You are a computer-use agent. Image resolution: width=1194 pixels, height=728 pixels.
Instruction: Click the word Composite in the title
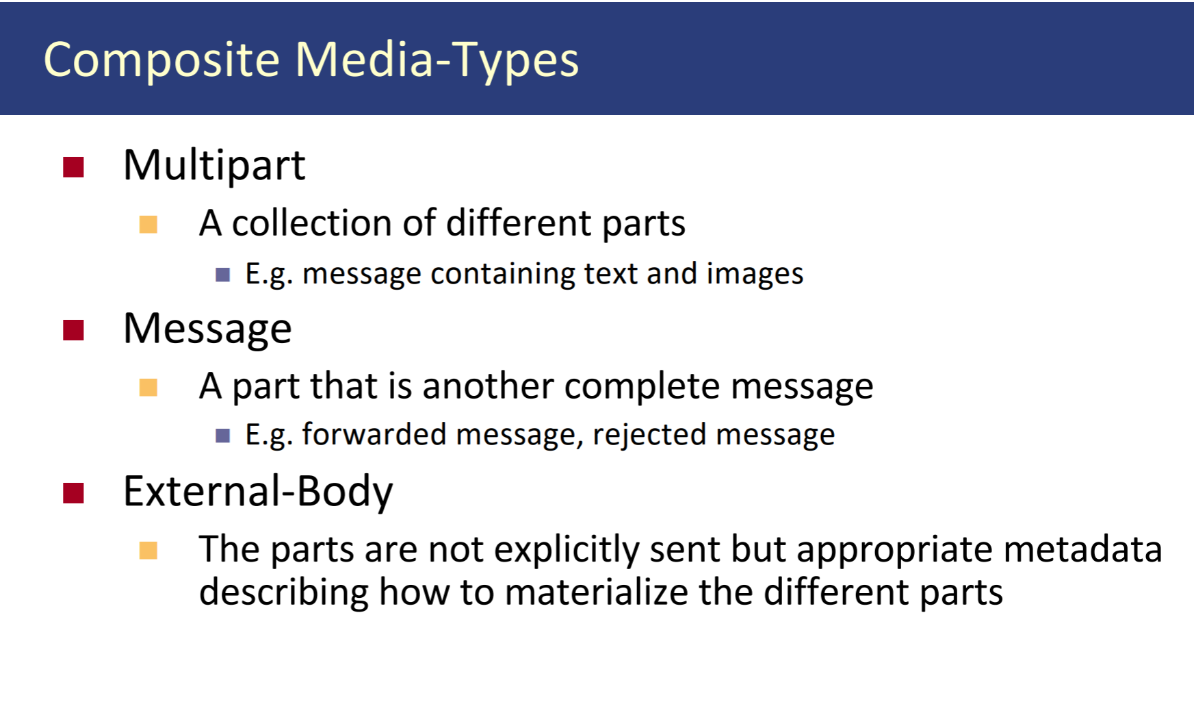pos(161,60)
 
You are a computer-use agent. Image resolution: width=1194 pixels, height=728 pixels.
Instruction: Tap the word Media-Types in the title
pos(437,60)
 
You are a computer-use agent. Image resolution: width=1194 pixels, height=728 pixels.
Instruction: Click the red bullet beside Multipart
pos(73,167)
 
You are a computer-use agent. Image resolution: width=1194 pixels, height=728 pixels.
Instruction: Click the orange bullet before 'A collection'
pos(148,225)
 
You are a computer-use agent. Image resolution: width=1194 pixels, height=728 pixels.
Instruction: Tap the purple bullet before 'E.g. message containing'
pos(222,275)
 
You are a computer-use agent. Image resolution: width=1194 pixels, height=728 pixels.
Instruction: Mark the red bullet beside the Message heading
pos(73,330)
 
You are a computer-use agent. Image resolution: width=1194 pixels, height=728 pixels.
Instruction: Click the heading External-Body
pos(258,492)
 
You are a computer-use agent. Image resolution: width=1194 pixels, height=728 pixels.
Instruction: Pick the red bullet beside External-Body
pos(73,493)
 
